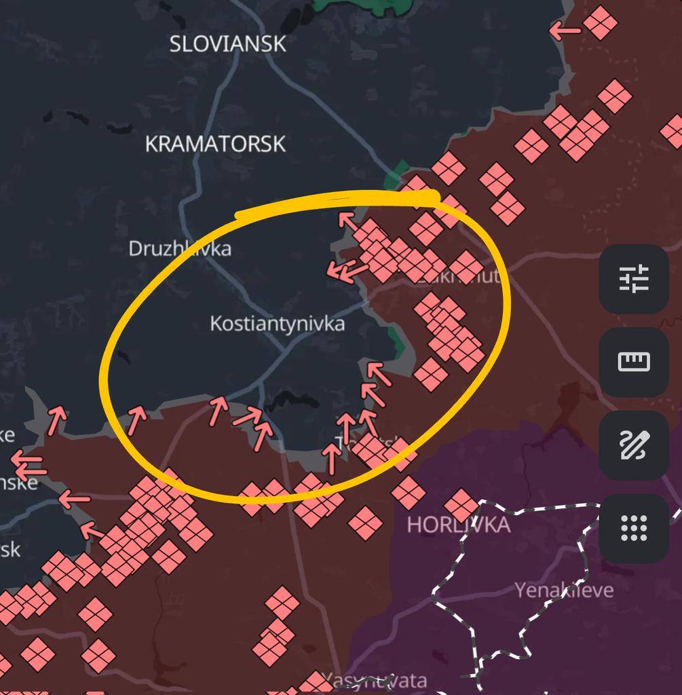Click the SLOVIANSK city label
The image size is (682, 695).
point(227,44)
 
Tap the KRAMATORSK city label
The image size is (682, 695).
point(215,144)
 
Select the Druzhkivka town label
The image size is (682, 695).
point(180,248)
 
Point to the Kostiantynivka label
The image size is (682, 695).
point(277,324)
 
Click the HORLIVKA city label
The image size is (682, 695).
point(458,525)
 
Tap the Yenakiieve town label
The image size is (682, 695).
point(564,590)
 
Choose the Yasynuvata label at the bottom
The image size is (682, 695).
point(374,680)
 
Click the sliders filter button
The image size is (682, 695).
point(634,279)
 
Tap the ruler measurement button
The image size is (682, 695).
point(634,362)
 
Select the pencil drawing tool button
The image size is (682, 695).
point(634,445)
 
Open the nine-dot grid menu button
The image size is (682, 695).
point(634,528)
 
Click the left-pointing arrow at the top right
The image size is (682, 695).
point(565,31)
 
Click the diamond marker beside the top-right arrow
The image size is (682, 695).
point(600,23)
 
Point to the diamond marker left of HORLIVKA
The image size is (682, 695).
point(365,523)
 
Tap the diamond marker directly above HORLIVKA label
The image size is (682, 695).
point(461,506)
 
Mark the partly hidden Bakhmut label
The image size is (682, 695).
point(468,276)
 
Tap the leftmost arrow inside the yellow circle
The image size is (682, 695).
point(136,419)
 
